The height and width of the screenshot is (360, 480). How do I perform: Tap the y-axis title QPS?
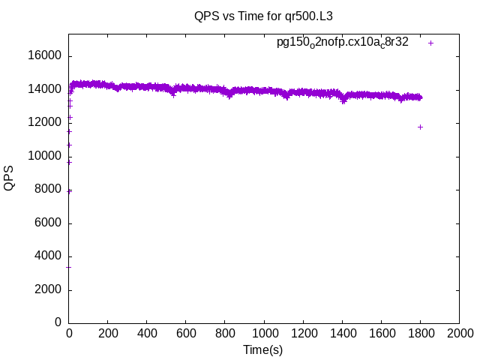pos(9,178)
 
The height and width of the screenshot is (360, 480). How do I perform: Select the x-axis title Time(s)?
pos(262,349)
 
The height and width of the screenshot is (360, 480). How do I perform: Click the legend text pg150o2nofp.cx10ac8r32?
pos(343,42)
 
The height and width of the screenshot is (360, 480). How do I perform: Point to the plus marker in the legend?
pos(431,43)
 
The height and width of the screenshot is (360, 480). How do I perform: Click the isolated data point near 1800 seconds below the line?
pos(420,127)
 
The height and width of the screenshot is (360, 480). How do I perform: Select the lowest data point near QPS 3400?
pos(69,266)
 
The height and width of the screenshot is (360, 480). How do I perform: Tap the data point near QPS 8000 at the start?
pos(69,190)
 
